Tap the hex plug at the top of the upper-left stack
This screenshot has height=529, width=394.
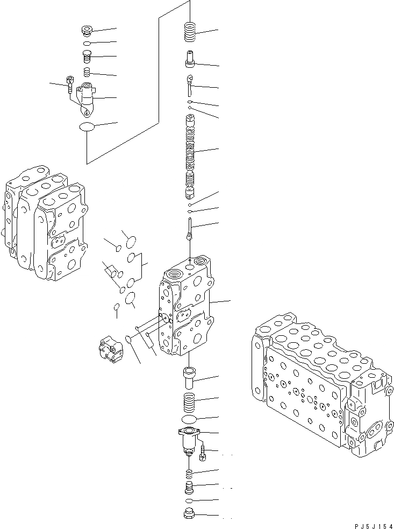tap(87, 30)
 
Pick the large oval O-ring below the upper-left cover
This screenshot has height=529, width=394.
tap(87, 127)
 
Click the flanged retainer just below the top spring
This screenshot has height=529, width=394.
tap(191, 58)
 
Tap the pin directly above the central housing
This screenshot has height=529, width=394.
tap(190, 229)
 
